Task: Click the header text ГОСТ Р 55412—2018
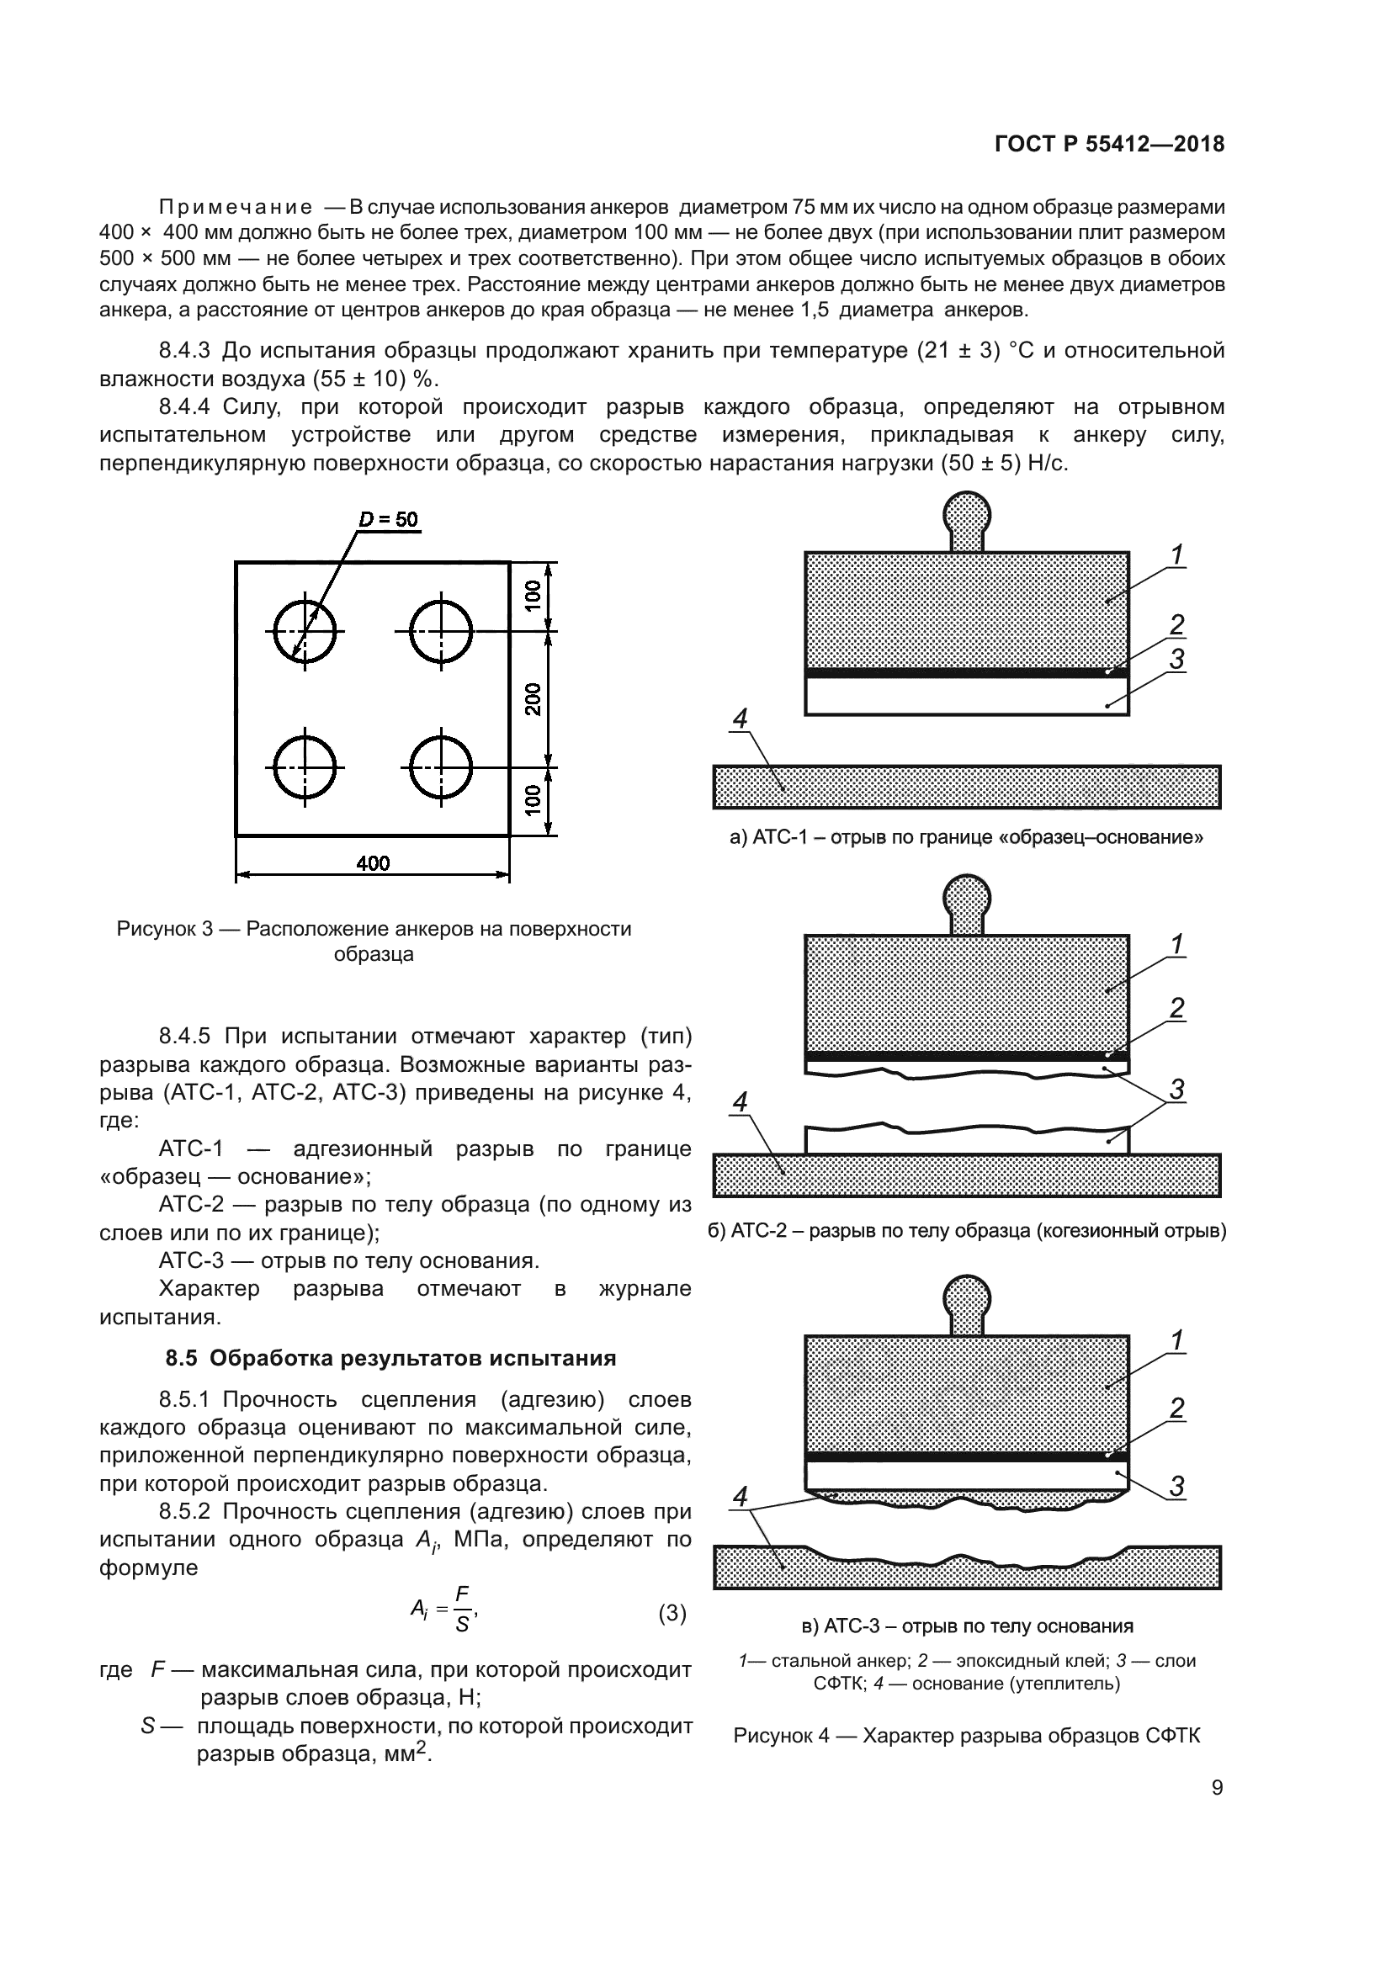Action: point(1109,145)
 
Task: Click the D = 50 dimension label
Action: point(387,519)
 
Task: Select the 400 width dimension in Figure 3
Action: point(373,863)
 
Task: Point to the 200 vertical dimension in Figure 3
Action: point(533,699)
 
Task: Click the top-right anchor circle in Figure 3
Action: point(441,632)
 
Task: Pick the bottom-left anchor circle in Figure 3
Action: point(305,767)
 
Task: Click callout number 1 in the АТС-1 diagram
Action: point(1177,555)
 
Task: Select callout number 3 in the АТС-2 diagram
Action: point(1176,1090)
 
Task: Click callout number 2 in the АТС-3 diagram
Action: point(1176,1408)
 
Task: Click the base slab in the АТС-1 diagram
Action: point(967,787)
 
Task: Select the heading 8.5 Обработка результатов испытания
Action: point(390,1359)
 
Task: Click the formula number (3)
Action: point(672,1613)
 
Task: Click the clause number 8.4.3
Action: point(184,351)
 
